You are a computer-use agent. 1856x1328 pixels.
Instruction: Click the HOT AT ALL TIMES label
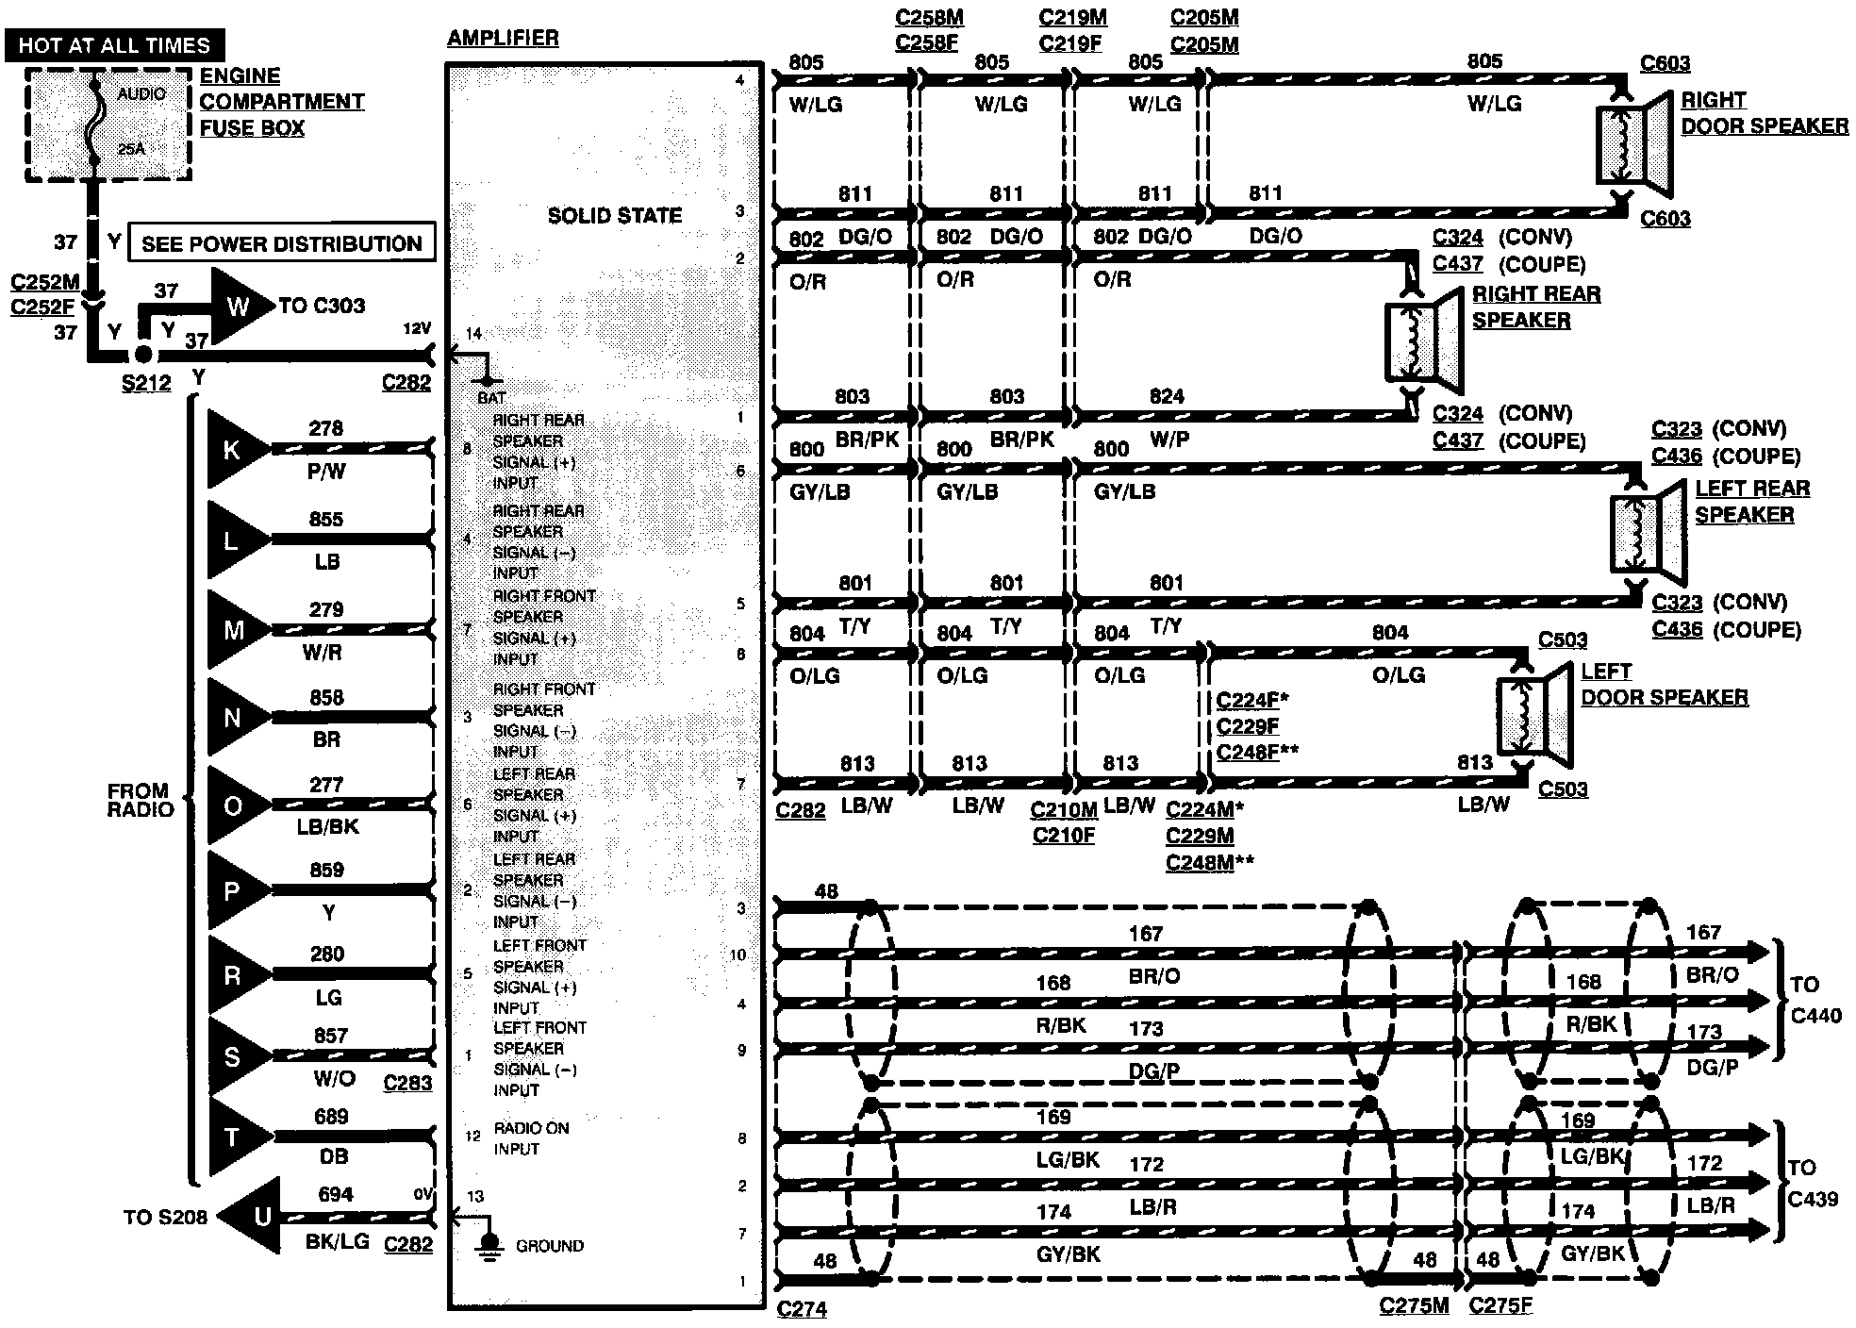[114, 45]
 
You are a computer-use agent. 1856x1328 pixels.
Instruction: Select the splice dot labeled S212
[142, 355]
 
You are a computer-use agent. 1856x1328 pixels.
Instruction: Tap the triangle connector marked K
[233, 449]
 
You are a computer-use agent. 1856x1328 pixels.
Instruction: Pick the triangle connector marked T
[233, 1137]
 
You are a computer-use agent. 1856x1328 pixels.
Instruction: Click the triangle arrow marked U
[257, 1217]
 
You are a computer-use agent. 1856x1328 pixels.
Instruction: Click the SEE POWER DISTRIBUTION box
[281, 243]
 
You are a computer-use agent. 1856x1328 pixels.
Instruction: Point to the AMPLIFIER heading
[503, 39]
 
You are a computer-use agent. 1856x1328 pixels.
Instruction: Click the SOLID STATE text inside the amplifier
[614, 216]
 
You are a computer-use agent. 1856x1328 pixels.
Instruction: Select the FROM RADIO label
[140, 800]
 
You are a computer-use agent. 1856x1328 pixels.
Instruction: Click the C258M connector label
[929, 18]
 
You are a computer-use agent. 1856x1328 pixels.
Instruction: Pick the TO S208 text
[165, 1217]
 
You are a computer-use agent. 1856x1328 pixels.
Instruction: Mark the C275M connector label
[1414, 1305]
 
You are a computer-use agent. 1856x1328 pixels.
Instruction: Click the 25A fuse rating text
[132, 148]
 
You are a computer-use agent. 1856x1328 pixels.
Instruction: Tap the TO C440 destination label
[1815, 1000]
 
